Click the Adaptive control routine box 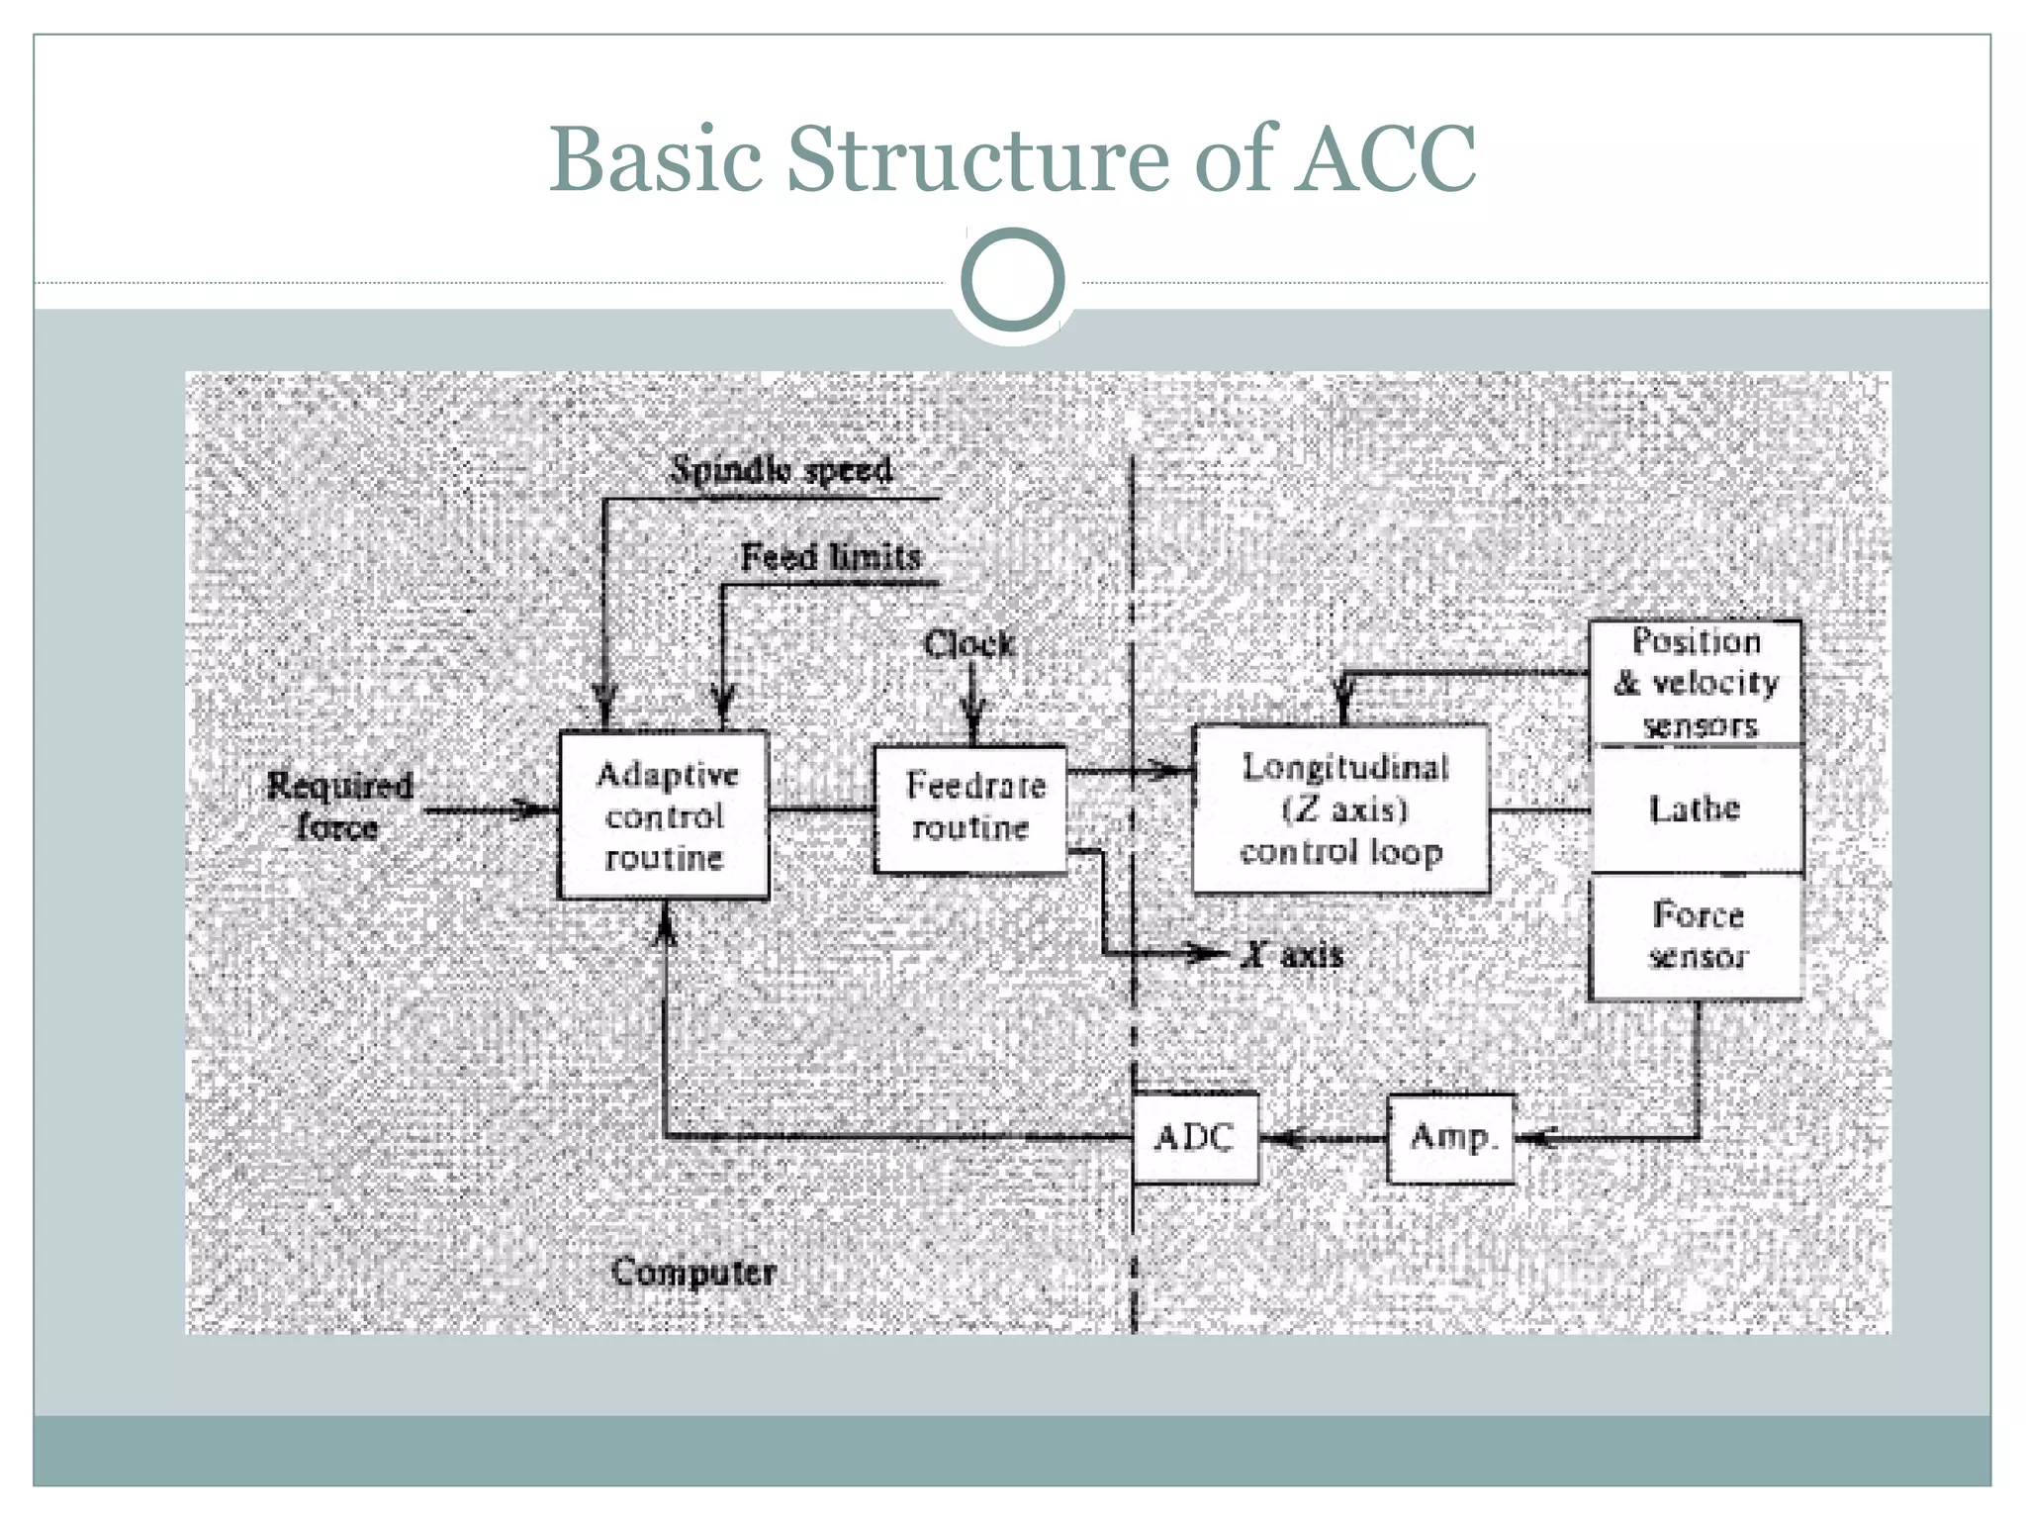[x=664, y=815]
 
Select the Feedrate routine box [x=970, y=808]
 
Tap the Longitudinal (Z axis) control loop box [x=1340, y=809]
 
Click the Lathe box [x=1695, y=808]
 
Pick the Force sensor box [x=1696, y=935]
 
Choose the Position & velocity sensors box [x=1696, y=683]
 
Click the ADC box [x=1195, y=1137]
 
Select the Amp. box [x=1450, y=1137]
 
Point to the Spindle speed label [x=781, y=469]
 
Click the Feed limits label [x=831, y=557]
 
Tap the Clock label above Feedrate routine [x=968, y=644]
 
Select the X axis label [x=1294, y=955]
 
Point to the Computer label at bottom [x=692, y=1272]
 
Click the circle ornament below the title [x=1012, y=280]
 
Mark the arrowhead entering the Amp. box [x=1533, y=1138]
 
